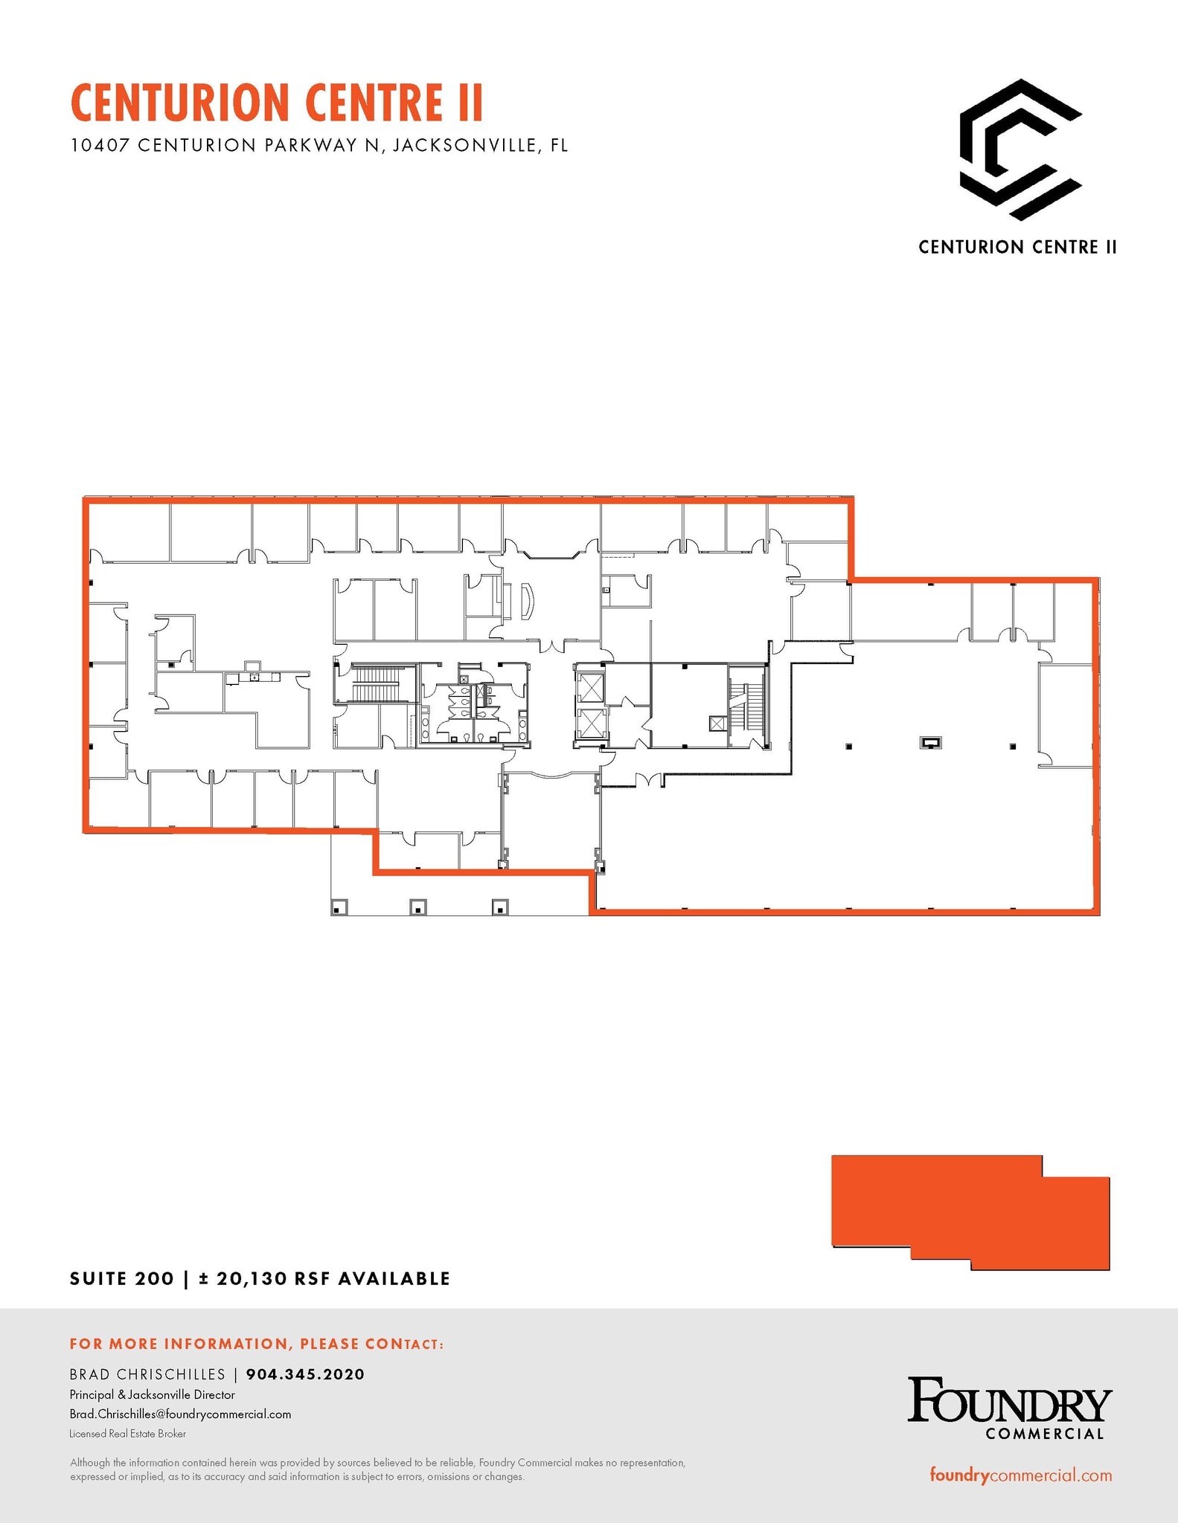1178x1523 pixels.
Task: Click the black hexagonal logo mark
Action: click(x=1019, y=149)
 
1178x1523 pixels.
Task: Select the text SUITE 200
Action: click(x=121, y=1278)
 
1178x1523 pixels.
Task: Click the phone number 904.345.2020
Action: click(x=305, y=1374)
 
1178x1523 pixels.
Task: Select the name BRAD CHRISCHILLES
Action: click(x=147, y=1374)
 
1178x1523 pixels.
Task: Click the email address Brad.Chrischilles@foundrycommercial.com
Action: click(x=180, y=1414)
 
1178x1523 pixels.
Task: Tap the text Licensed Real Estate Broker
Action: click(x=127, y=1433)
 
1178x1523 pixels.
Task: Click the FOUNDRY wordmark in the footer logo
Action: click(x=1009, y=1402)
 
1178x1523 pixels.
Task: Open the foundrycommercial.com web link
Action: click(x=1020, y=1475)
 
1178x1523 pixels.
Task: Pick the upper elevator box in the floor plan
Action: click(x=590, y=687)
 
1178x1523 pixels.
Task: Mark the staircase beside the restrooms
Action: click(x=376, y=684)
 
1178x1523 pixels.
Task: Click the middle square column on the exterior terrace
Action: click(x=418, y=907)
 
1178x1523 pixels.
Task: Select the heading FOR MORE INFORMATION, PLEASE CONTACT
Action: click(x=257, y=1344)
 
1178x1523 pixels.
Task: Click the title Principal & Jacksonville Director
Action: click(x=152, y=1394)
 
